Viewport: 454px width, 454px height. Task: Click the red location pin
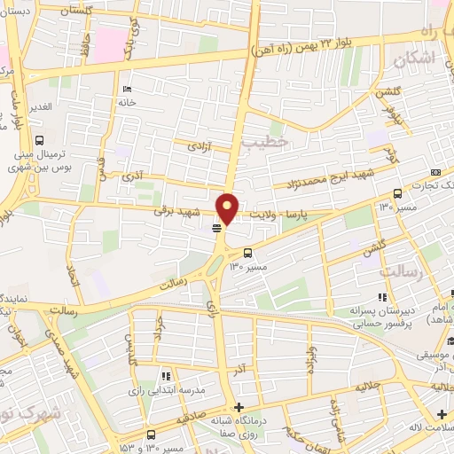tap(228, 209)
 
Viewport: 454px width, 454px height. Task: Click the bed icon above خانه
tap(126, 89)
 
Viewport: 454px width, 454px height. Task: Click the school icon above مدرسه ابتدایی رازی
tap(166, 377)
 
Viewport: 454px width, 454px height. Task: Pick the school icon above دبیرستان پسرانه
tap(382, 297)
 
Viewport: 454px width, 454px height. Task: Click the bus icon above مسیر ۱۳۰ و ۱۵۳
tap(151, 435)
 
